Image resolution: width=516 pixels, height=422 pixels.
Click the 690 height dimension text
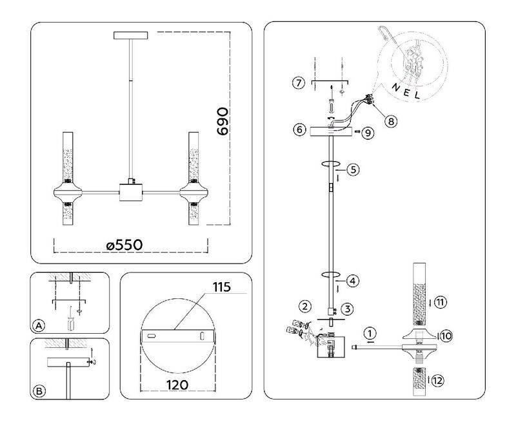tap(223, 121)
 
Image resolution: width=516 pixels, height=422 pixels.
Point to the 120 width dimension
tap(175, 385)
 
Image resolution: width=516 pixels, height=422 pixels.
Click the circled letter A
tap(39, 326)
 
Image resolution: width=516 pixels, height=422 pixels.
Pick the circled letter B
tap(39, 390)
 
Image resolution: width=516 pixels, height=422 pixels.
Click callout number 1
tap(369, 334)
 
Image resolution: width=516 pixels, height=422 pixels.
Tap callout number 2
tap(304, 305)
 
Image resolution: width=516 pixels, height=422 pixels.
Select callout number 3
tap(346, 309)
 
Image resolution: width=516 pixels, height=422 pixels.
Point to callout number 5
tap(352, 170)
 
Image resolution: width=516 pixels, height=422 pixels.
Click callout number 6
tap(299, 129)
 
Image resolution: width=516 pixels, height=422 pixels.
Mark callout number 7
tap(297, 84)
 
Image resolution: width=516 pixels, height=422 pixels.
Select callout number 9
tap(367, 133)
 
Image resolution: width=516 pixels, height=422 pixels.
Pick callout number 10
tap(447, 334)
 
